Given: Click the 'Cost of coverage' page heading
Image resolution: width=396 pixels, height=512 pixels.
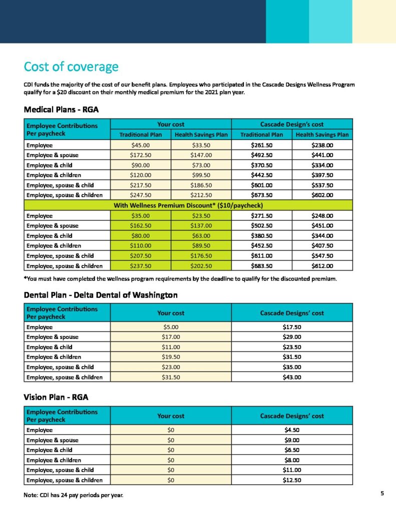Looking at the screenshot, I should (x=71, y=67).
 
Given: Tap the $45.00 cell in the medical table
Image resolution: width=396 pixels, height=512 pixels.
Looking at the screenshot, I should (x=141, y=145).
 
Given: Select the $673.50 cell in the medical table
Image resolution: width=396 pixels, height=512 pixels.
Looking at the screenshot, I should (x=261, y=195).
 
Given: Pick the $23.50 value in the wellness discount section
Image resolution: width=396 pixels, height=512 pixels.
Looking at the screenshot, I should (x=201, y=216).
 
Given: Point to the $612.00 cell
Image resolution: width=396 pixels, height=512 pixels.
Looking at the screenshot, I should (x=322, y=266).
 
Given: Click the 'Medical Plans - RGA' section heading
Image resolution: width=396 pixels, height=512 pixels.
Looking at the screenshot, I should (x=63, y=108).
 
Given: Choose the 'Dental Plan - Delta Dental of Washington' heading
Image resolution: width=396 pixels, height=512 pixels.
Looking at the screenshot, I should (x=100, y=295).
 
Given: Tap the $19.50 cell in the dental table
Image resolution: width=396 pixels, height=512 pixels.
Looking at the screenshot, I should (x=171, y=357).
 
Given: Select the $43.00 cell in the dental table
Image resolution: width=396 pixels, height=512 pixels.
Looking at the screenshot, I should (x=292, y=377).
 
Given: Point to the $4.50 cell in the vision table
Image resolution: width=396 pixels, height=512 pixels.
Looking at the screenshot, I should (x=292, y=430).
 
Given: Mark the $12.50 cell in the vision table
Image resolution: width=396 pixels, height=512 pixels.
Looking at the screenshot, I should (x=292, y=480).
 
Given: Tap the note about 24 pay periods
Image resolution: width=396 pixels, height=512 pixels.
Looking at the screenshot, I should (x=73, y=495).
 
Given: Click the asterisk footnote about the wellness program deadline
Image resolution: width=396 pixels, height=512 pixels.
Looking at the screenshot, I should (x=180, y=278).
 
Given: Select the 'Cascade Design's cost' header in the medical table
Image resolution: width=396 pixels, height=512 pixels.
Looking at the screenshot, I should (x=292, y=124).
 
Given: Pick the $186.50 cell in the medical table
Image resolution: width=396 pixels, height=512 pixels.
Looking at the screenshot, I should (x=201, y=185).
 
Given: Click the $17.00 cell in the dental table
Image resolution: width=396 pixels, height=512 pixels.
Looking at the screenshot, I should (x=171, y=337).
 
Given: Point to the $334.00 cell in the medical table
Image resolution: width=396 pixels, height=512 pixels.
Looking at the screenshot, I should (x=322, y=165).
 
